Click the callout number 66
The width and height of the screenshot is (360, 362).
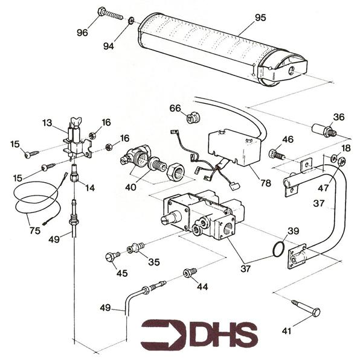coord(175,108)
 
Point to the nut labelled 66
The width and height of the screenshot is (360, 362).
coord(192,118)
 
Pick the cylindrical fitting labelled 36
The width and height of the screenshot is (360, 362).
coord(323,129)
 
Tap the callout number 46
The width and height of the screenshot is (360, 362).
coord(288,139)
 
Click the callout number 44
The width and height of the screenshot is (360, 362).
coord(202,287)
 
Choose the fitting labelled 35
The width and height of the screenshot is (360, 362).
coord(135,248)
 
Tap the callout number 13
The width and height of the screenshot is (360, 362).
coord(48,123)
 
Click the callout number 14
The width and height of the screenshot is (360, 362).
coord(90,188)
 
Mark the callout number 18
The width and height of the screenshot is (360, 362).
coord(346,148)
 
